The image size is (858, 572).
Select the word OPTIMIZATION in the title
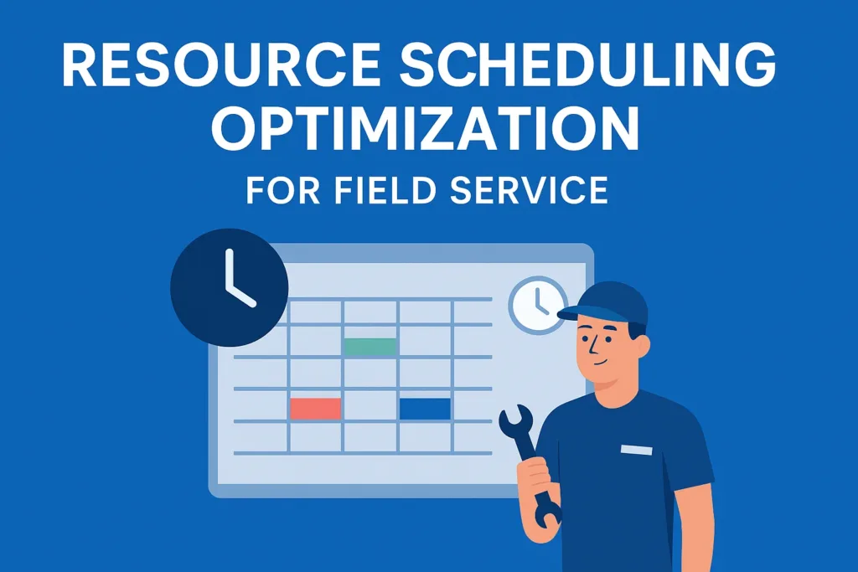pos(425,131)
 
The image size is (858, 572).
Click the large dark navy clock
pos(229,288)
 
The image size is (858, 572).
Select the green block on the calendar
pos(370,346)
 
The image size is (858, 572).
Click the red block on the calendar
pos(315,409)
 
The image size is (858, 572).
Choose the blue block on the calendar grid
pos(425,409)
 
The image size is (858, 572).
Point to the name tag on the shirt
pos(636,450)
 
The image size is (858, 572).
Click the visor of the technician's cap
pos(578,314)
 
